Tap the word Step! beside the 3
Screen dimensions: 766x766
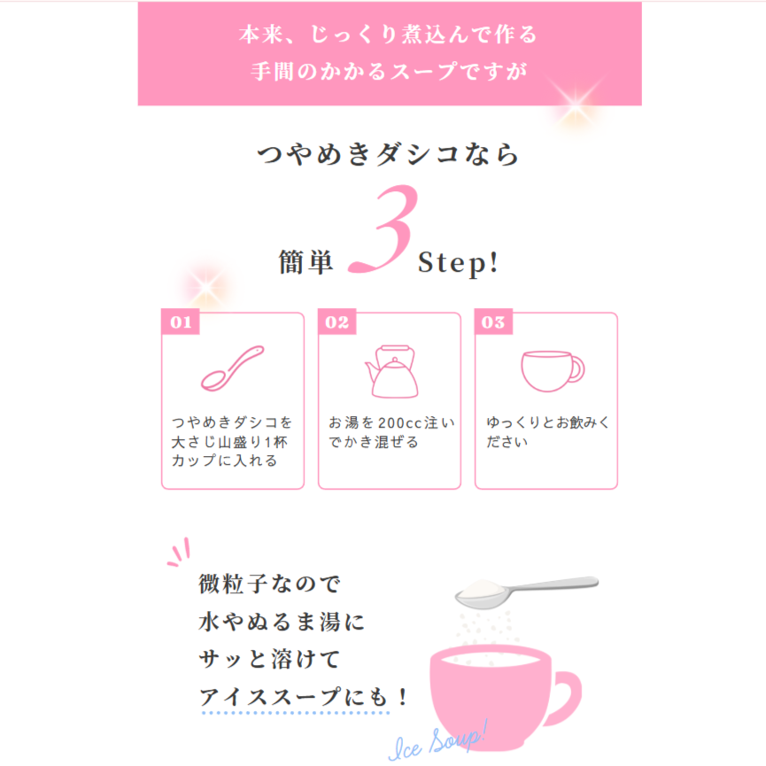458,263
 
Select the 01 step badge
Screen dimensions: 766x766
181,321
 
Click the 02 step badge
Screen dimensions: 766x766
337,321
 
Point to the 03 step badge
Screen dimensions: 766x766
493,321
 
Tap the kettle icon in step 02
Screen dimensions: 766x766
391,371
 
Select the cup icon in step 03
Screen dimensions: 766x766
552,371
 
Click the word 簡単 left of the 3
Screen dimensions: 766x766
306,262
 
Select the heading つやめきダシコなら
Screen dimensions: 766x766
388,154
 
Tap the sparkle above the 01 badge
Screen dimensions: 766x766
206,286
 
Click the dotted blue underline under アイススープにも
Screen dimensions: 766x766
296,713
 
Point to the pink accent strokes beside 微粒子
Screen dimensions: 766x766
179,553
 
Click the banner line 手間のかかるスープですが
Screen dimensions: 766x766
390,72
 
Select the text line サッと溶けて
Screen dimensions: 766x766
269,660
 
